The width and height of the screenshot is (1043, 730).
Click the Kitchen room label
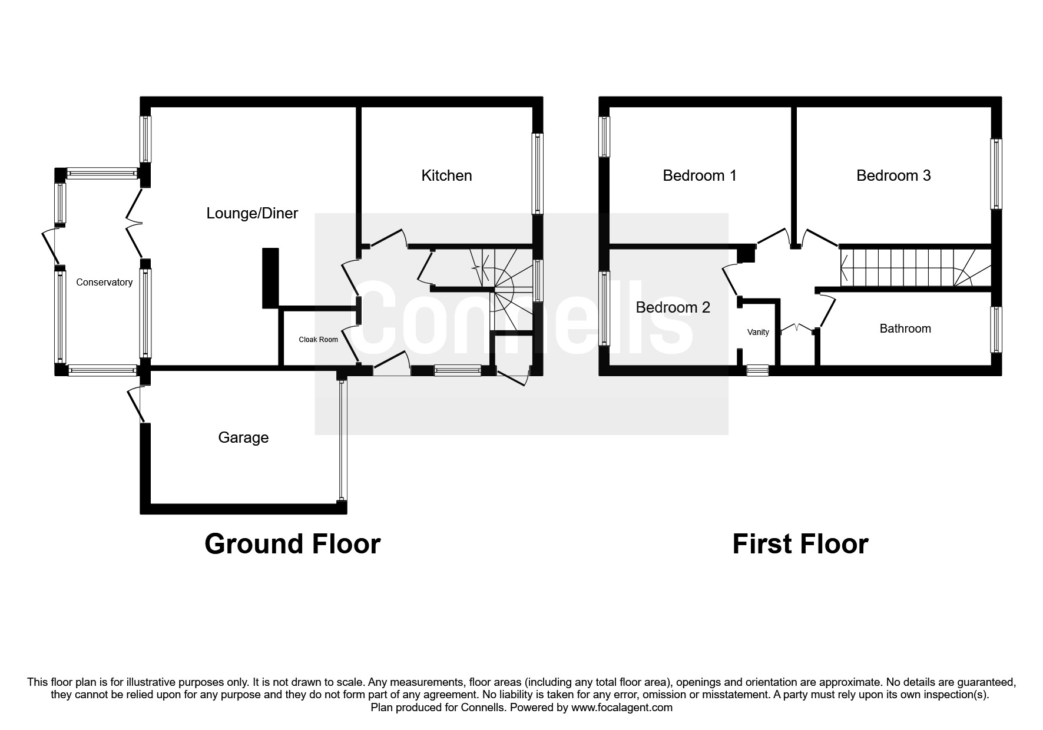coord(446,175)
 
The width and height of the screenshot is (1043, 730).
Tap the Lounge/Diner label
coord(252,213)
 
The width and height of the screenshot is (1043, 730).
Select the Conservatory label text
coord(104,283)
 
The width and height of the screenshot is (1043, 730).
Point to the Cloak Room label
coord(318,340)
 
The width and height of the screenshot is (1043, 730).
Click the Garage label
coord(243,437)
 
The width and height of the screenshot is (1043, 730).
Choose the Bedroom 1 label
coord(699,175)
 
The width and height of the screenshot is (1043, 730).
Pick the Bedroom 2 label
coord(673,307)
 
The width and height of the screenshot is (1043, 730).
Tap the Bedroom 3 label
coord(893,175)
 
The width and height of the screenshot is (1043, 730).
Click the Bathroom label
coord(905,328)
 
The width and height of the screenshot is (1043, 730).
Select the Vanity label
coord(758,333)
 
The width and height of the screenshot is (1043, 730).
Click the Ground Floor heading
coord(292,544)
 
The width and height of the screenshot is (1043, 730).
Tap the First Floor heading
coord(800,544)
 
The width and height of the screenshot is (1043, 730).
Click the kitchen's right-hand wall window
coord(537,174)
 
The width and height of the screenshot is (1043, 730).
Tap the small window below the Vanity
coord(757,370)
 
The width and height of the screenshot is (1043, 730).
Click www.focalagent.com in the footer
coord(621,708)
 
